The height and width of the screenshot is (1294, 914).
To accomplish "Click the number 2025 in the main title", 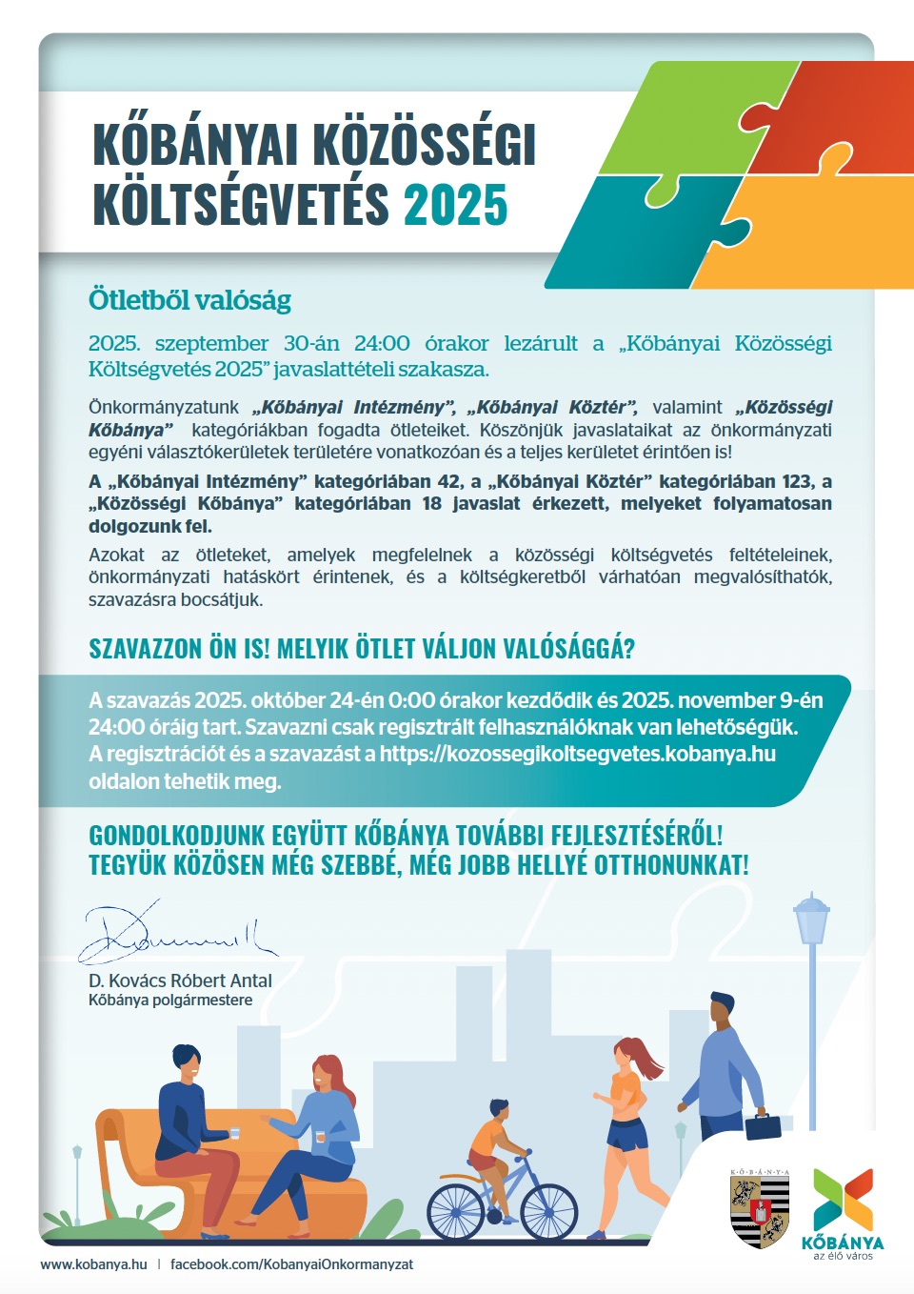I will coord(456,206).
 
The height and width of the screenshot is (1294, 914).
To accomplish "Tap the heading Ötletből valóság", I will coord(189,300).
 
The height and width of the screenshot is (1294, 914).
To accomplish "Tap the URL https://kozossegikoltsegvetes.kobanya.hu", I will coord(577,754).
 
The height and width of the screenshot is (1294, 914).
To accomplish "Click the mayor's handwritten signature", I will coord(171,932).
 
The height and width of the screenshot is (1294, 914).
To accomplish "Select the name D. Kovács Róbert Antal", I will coord(180,981).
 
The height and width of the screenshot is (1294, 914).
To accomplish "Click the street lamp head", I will coord(811,918).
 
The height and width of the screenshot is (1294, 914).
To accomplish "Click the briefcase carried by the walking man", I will coord(763,1126).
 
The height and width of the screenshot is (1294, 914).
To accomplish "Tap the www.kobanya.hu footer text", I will coord(93,1264).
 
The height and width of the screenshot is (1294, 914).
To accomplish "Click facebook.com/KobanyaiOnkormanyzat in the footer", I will coord(291,1264).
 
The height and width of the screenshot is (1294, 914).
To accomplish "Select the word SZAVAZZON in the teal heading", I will coord(146,649).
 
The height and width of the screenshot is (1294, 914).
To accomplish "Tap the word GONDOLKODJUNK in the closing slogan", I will coord(176,836).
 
